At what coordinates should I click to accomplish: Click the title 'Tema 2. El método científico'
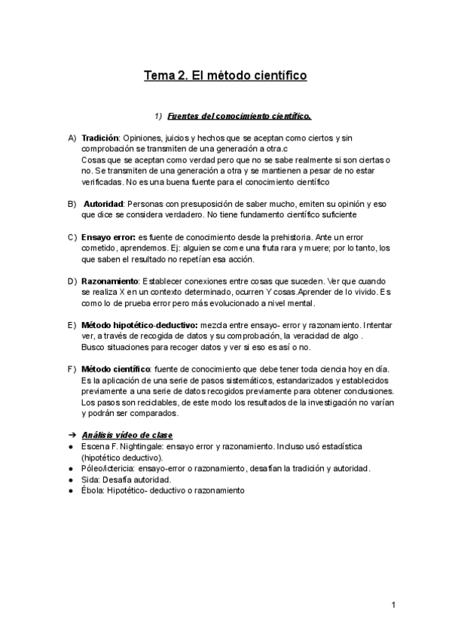coord(225,76)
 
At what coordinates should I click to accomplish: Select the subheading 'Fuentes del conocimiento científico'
coord(240,117)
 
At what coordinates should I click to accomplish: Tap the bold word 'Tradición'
coord(100,139)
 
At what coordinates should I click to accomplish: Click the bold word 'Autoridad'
coord(104,204)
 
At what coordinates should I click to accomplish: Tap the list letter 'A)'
coord(72,139)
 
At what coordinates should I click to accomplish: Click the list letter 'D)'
coord(72,281)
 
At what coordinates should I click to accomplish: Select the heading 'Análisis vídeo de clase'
coord(127,435)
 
